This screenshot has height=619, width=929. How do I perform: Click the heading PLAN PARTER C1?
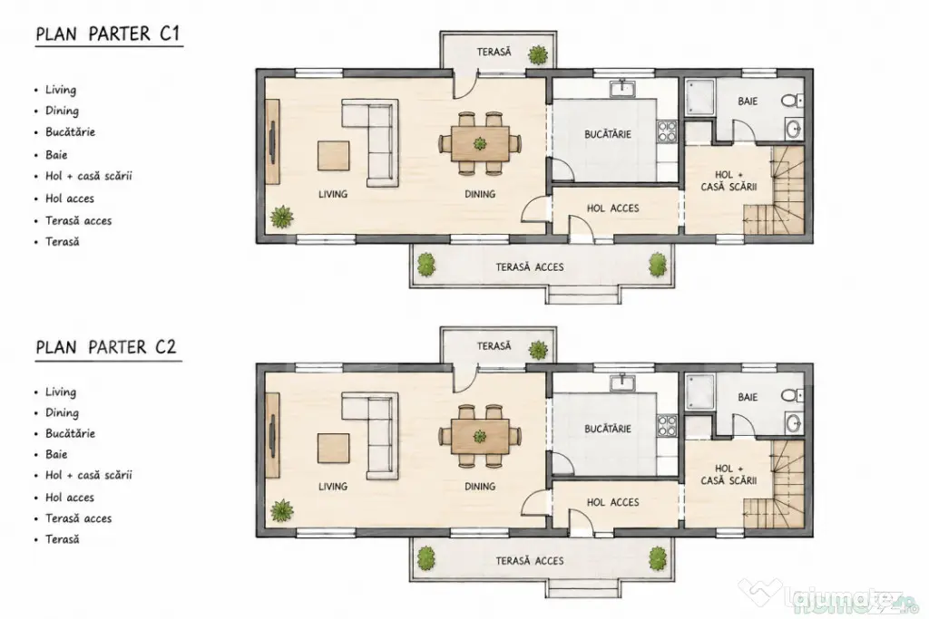click(108, 34)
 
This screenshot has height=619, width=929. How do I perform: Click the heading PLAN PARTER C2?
click(107, 347)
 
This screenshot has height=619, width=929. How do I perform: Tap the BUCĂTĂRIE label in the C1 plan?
click(608, 134)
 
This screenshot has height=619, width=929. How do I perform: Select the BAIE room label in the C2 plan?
click(748, 397)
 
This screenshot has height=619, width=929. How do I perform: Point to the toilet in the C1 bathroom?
click(791, 101)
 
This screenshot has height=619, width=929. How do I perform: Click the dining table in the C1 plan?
click(480, 143)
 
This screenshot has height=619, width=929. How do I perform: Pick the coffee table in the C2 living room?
click(333, 450)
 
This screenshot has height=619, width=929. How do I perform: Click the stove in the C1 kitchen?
click(667, 131)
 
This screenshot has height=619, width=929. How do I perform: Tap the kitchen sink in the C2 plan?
click(622, 383)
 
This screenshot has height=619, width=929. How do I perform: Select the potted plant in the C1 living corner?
click(282, 218)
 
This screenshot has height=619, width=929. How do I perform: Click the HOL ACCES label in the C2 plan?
click(612, 502)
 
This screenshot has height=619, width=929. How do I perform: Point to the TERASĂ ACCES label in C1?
click(530, 267)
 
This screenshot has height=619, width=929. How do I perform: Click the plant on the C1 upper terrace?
click(539, 55)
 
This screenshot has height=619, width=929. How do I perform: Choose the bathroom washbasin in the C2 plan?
click(794, 423)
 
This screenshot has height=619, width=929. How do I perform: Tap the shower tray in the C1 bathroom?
click(700, 98)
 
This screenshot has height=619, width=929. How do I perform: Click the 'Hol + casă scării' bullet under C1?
click(89, 176)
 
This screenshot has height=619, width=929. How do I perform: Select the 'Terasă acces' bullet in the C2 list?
click(78, 518)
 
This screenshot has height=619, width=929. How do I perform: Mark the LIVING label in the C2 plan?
click(332, 487)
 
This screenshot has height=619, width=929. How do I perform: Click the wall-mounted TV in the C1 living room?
click(272, 142)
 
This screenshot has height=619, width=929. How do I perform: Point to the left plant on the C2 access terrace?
click(426, 557)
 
